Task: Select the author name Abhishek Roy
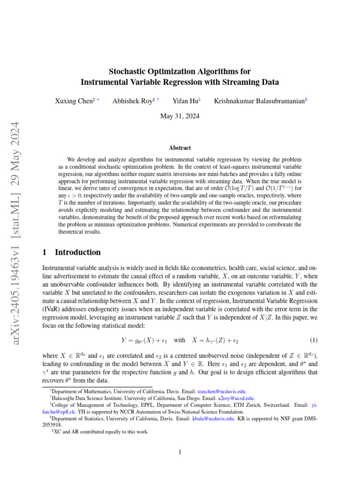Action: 132,101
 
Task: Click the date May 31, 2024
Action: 180,116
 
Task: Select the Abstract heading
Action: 180,147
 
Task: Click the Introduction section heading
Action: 77,252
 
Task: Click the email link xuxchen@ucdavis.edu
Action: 222,391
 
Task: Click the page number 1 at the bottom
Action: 180,452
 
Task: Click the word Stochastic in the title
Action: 129,72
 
